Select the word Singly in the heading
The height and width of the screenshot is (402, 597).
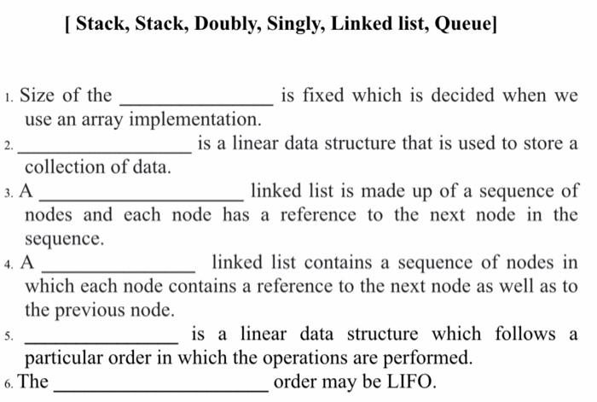point(292,24)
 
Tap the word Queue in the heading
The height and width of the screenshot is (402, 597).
point(463,24)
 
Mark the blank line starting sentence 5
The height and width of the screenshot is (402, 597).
point(102,341)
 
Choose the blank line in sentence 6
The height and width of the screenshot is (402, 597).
point(160,388)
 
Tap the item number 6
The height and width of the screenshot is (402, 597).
point(7,383)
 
